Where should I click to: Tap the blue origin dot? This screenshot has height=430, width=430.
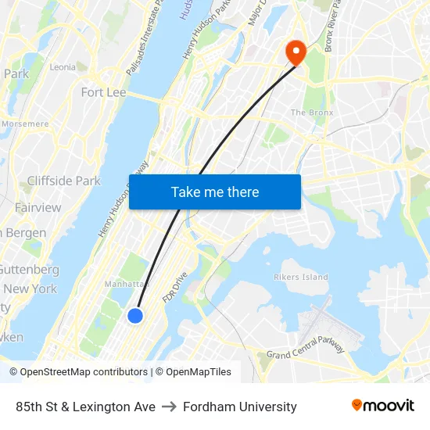(135, 315)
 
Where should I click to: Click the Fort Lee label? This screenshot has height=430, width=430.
(103, 92)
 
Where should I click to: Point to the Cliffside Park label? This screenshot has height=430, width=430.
(63, 181)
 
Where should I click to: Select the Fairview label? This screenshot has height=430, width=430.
(38, 207)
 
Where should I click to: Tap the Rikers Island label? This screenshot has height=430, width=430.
(301, 277)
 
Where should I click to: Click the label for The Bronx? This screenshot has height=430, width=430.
(312, 113)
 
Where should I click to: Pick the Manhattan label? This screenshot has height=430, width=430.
(126, 284)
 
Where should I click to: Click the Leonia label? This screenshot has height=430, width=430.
(63, 67)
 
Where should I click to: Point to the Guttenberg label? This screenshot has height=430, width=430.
(29, 269)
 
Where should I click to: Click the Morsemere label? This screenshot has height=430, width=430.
(25, 124)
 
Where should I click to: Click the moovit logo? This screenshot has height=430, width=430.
(382, 406)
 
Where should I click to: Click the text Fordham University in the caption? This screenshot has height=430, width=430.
(239, 407)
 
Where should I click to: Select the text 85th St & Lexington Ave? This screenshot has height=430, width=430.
(85, 407)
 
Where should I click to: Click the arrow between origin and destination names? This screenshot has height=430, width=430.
(169, 407)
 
